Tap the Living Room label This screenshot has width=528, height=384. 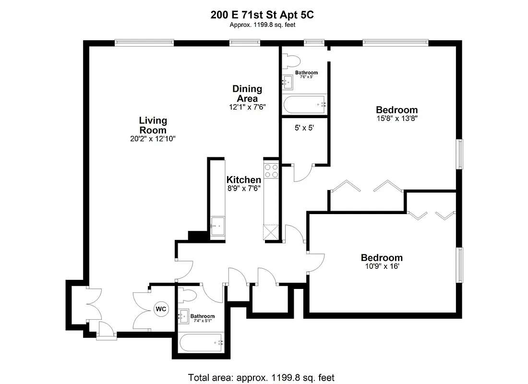tap(153, 125)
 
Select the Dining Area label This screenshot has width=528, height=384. tap(247, 94)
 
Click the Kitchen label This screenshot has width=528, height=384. tap(244, 180)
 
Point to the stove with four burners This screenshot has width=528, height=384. tap(271, 170)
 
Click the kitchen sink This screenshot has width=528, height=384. tap(217, 226)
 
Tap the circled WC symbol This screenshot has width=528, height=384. tap(160, 309)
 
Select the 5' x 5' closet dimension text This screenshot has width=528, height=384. tap(304, 128)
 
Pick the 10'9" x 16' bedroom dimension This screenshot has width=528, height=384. tap(381, 266)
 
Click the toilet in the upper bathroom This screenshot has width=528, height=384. tap(292, 60)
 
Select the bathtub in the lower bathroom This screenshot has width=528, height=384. tap(201, 343)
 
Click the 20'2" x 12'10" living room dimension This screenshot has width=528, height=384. tap(153, 139)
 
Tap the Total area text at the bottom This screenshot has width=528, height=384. tap(261, 377)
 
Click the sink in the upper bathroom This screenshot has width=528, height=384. tap(288, 82)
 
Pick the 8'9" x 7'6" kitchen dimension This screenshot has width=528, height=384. tap(244, 189)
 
